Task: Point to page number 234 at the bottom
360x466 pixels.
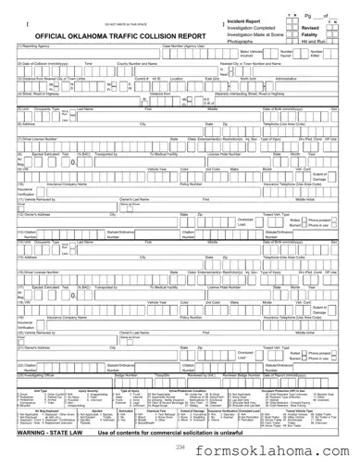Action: (x=180, y=447)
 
